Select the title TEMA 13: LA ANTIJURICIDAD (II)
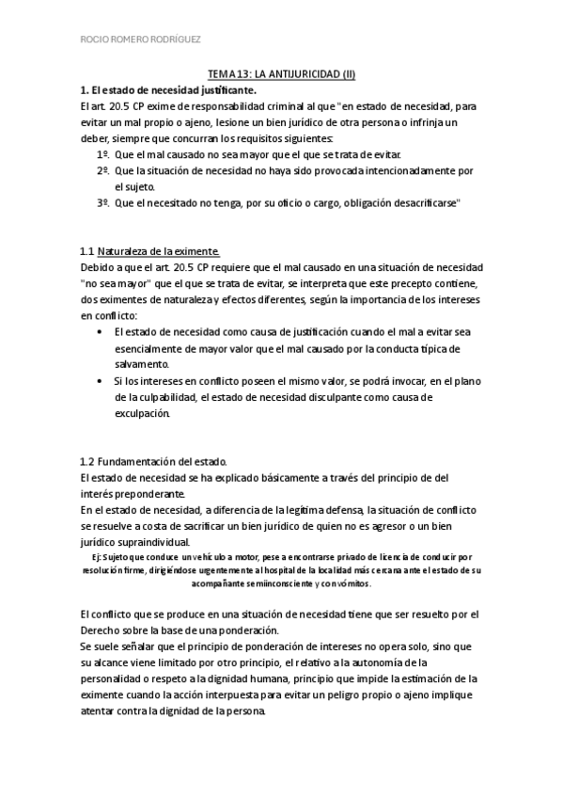281,73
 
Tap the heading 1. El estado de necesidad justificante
169,89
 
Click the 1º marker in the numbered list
103,153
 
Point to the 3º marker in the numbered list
103,204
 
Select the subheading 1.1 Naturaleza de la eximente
150,251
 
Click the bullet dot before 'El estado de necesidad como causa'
102,331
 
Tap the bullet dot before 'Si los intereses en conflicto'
102,381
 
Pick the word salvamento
142,364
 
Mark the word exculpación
142,414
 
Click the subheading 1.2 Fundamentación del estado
154,462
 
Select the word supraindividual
149,543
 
